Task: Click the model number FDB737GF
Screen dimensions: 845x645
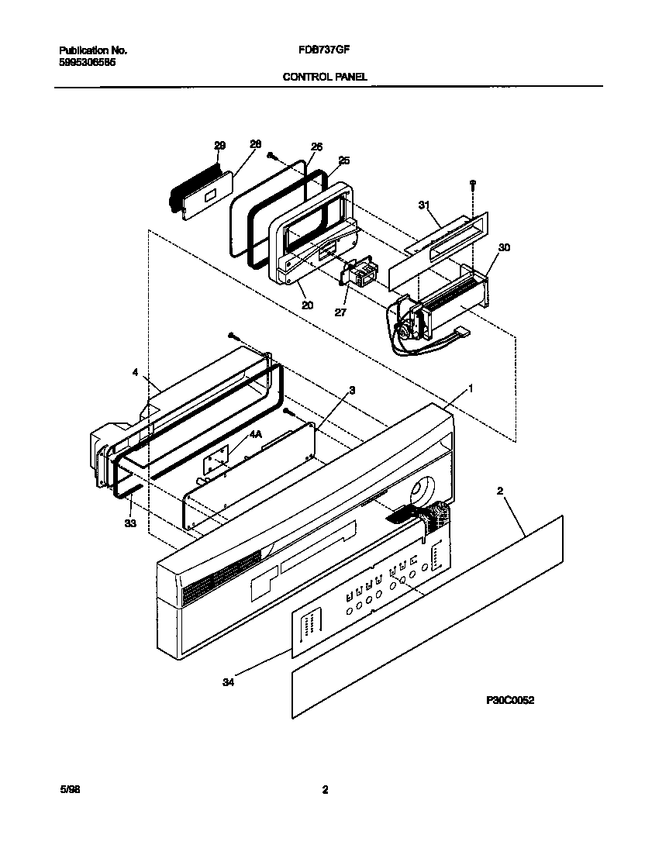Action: tap(320, 50)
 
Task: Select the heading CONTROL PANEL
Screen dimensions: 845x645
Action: tap(325, 77)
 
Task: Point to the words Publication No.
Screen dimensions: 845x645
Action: tap(93, 50)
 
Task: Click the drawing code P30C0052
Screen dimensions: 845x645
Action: tap(511, 700)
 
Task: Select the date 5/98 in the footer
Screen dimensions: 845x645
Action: tap(69, 790)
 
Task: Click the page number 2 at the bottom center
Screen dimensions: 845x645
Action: tap(325, 790)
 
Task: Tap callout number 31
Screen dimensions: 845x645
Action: tap(424, 205)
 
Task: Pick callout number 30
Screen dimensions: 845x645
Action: tap(504, 248)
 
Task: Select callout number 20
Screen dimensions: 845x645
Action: tap(308, 305)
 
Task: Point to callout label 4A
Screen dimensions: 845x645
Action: tap(255, 436)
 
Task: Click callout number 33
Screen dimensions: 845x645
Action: tap(129, 524)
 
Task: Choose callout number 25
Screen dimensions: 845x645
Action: tap(344, 160)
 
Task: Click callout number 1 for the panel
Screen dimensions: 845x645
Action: tap(470, 387)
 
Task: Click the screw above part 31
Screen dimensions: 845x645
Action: tap(472, 185)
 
